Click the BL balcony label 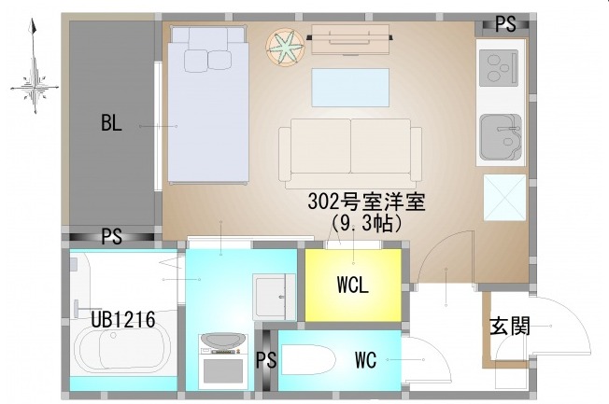(x=111, y=123)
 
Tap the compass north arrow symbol (x=35, y=66)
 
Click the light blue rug (x=350, y=88)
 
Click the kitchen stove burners (x=499, y=68)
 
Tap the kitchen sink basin (x=501, y=137)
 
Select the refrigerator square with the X (x=504, y=198)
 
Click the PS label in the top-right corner (x=505, y=24)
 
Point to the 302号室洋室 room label (x=366, y=202)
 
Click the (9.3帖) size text (x=366, y=223)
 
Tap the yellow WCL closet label (x=353, y=286)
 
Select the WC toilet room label (x=365, y=360)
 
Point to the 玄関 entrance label (x=510, y=326)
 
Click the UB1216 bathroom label (x=123, y=320)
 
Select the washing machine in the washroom (x=223, y=361)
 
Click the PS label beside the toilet (x=266, y=360)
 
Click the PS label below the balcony (x=111, y=236)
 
